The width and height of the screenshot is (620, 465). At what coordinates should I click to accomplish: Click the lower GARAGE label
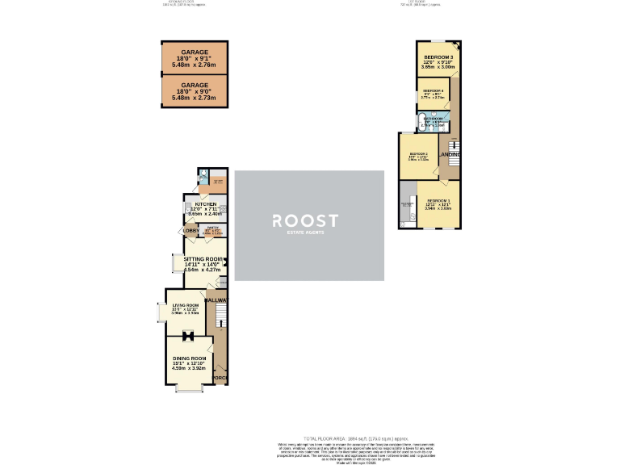pos(194,84)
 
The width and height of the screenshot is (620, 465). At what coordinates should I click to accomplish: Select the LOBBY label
pos(191,232)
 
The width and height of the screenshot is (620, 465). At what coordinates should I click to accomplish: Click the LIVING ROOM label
pos(185,305)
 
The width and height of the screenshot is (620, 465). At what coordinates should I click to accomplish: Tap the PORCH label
pos(220,378)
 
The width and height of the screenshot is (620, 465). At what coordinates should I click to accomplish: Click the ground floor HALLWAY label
pos(216,300)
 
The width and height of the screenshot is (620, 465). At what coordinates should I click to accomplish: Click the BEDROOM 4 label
pos(434,90)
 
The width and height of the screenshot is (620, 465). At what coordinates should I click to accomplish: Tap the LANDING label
pos(450,154)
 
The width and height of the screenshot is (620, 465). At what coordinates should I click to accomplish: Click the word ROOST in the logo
pos(305,220)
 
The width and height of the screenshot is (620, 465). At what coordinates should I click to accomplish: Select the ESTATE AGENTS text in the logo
pos(305,234)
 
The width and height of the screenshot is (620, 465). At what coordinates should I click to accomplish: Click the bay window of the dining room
pos(190,389)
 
